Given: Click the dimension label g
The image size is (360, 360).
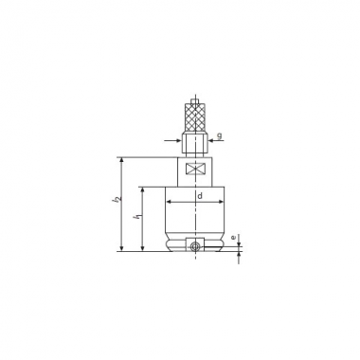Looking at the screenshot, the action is (x=220, y=135).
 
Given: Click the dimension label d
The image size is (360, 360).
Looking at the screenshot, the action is (x=200, y=196).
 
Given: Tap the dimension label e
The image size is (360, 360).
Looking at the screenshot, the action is (x=233, y=237).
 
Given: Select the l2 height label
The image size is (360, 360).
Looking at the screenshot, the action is (x=117, y=199).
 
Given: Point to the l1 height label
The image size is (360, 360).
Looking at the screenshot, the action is (x=137, y=217).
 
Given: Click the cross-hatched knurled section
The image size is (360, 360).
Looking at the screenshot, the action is (x=195, y=117).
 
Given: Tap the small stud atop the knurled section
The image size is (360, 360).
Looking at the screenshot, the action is (x=195, y=101).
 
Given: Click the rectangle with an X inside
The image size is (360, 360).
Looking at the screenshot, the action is (x=195, y=168).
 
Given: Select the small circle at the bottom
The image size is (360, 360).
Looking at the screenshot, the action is (x=195, y=245).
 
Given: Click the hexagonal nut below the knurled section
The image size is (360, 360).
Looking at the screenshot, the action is (x=195, y=145).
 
